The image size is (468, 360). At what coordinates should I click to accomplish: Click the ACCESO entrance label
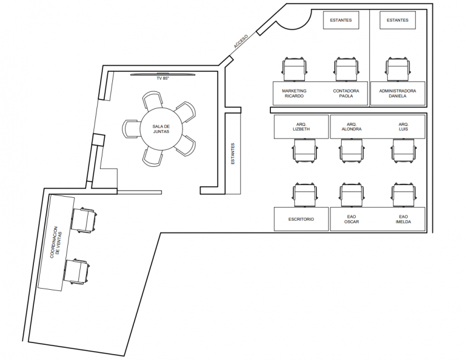coord(241,42)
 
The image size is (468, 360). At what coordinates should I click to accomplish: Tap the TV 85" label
coord(163,78)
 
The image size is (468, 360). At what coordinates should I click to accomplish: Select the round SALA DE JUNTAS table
coord(161,129)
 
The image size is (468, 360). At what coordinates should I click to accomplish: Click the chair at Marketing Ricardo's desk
coord(294,69)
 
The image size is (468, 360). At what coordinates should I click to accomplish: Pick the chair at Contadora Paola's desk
coord(346,69)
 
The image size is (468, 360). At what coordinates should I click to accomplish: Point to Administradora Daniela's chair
coord(398,69)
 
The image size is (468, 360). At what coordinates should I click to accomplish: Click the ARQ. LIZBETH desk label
coord(301,126)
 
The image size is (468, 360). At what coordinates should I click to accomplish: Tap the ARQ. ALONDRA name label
coord(352,126)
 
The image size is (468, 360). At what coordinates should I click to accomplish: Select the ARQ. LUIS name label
coord(403,126)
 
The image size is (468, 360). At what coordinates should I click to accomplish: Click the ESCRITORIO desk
coord(301,219)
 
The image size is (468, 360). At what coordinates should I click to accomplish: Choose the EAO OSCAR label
coord(352,219)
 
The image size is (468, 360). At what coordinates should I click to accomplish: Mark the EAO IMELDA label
coord(403,219)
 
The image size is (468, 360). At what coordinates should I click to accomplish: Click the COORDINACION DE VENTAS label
coord(56,242)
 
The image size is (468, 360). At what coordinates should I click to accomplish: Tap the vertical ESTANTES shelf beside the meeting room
coord(233,153)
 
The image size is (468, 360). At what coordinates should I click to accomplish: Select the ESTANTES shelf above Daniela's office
coord(398,20)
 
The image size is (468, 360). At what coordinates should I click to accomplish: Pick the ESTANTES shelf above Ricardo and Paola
coord(341,20)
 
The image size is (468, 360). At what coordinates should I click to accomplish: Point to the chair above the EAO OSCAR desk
coord(352,195)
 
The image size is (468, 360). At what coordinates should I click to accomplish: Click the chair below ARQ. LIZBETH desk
coord(304,151)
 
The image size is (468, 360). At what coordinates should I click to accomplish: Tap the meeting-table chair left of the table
coord(131,129)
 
